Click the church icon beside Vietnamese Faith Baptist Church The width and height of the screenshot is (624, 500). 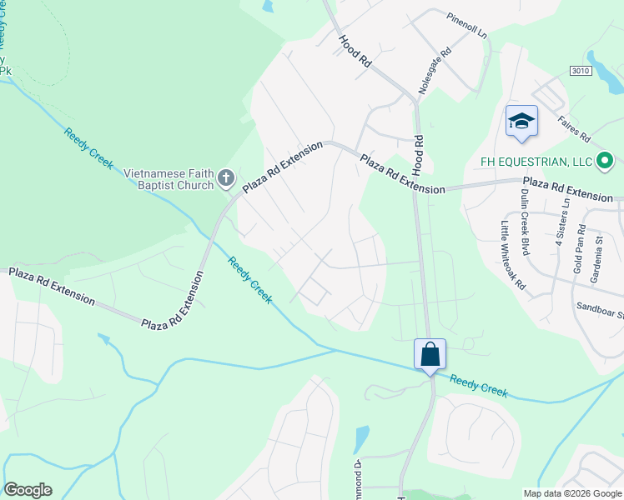coord(225,178)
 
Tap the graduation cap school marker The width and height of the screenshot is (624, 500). coord(521,122)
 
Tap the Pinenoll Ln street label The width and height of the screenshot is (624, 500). coord(466,26)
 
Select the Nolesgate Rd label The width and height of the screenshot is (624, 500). coord(436,70)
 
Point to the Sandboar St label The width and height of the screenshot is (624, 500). coord(600,310)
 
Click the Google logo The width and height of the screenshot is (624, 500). coord(28,490)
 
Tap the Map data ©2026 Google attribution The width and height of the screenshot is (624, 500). coord(572,493)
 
